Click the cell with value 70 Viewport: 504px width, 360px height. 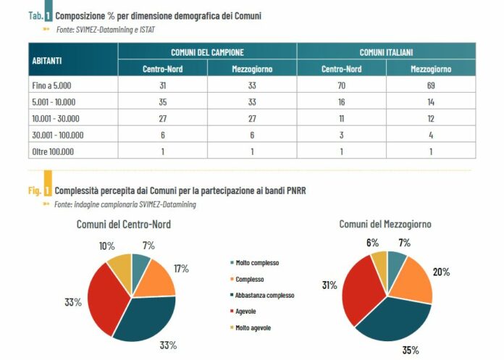click(341, 85)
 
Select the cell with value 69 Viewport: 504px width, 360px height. click(431, 85)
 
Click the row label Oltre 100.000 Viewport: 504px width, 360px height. click(53, 151)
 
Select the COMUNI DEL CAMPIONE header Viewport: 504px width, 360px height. click(207, 52)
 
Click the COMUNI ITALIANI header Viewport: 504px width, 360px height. click(386, 52)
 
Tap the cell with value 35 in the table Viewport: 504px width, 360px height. click(162, 101)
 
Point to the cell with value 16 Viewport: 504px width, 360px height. click(341, 101)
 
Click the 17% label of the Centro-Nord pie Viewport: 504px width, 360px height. click(181, 269)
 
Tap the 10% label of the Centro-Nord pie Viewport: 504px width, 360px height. click(106, 246)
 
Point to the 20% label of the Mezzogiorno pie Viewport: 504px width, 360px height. click(442, 272)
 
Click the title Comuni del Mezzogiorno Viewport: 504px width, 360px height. click(385, 225)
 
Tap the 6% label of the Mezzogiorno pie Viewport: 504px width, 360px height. click(373, 243)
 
